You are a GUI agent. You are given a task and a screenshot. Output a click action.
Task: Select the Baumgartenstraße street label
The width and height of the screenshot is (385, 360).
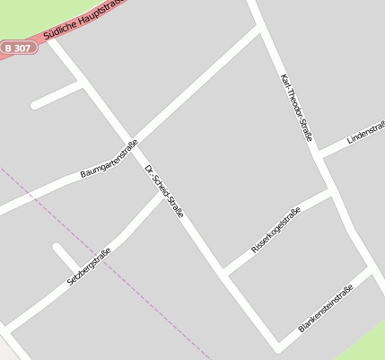109,158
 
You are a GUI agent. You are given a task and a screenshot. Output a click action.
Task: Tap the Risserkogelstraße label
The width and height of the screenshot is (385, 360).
276,229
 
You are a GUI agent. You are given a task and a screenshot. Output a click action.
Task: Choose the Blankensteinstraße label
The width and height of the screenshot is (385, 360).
326,308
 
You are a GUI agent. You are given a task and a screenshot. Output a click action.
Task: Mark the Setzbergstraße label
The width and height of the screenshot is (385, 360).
89,267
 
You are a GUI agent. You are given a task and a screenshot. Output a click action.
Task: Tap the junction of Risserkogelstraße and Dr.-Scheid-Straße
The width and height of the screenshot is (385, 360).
223,272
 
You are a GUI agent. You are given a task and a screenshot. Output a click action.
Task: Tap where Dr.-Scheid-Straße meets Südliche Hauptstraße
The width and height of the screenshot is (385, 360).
50,39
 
